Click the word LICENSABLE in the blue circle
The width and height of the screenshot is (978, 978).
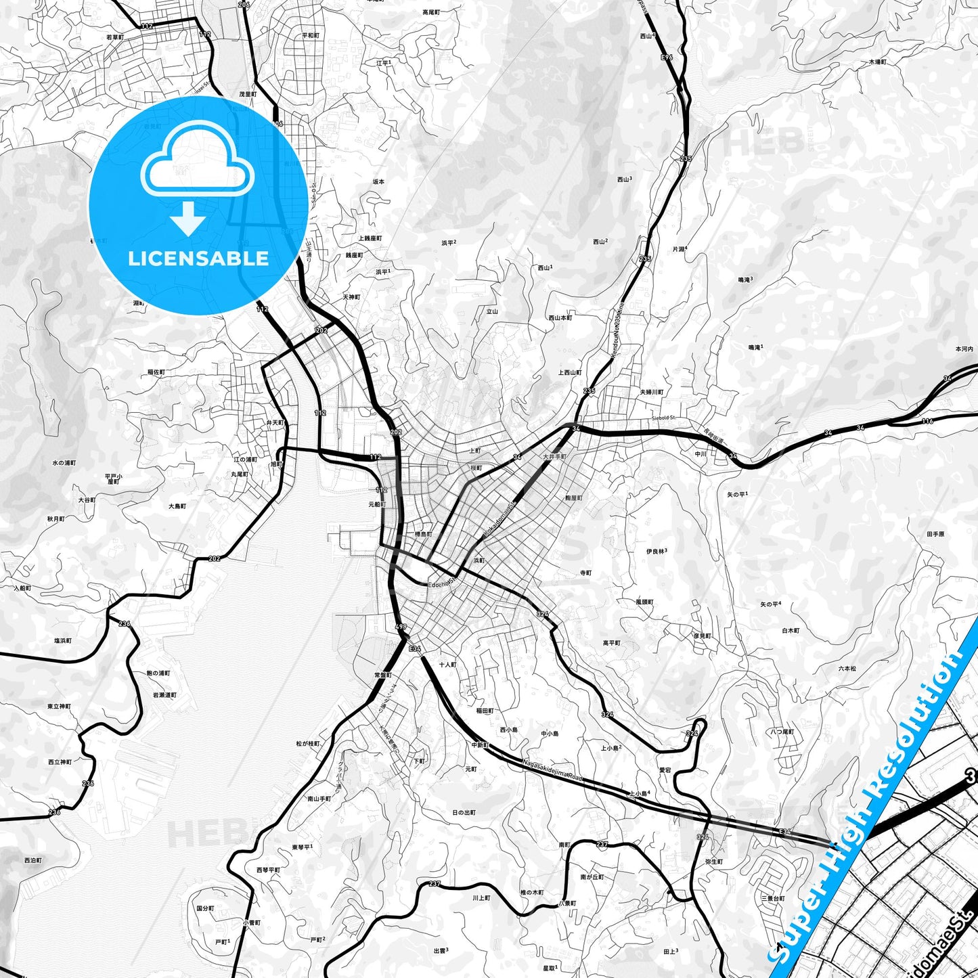pyautogui.click(x=198, y=259)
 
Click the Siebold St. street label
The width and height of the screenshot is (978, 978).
pyautogui.click(x=663, y=418)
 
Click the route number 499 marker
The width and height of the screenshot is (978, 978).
pyautogui.click(x=401, y=627)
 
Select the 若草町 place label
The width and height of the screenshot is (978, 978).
pyautogui.click(x=115, y=37)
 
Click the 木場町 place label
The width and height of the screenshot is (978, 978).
pyautogui.click(x=878, y=62)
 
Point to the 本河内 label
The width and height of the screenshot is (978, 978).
pyautogui.click(x=964, y=349)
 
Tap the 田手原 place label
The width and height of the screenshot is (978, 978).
pyautogui.click(x=935, y=535)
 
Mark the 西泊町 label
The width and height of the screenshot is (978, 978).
pyautogui.click(x=32, y=861)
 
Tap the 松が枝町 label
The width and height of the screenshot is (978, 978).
pyautogui.click(x=308, y=743)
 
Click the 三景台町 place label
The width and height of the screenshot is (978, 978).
pyautogui.click(x=772, y=899)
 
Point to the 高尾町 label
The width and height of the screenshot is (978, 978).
pyautogui.click(x=431, y=12)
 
